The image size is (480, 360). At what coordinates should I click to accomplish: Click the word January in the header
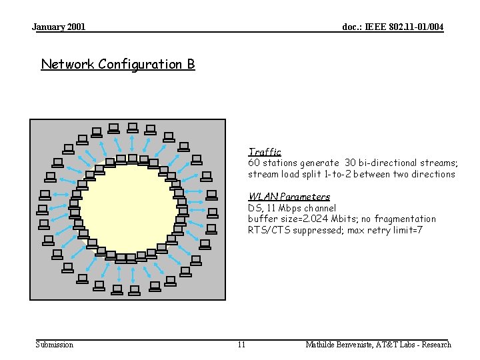[x=48, y=27]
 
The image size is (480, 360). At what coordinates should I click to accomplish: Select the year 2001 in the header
[x=75, y=27]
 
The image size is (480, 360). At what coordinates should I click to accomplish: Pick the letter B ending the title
[x=191, y=65]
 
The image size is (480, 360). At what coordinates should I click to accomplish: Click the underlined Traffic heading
[x=265, y=152]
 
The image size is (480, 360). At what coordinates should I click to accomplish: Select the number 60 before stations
[x=254, y=163]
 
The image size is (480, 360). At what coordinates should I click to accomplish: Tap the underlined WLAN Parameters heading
[x=289, y=197]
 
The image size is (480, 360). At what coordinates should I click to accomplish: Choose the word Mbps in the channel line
[x=285, y=208]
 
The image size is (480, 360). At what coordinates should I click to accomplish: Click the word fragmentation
[x=406, y=219]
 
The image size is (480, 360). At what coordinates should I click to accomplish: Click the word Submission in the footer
[x=54, y=345]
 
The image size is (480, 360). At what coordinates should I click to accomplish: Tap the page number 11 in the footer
[x=241, y=345]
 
